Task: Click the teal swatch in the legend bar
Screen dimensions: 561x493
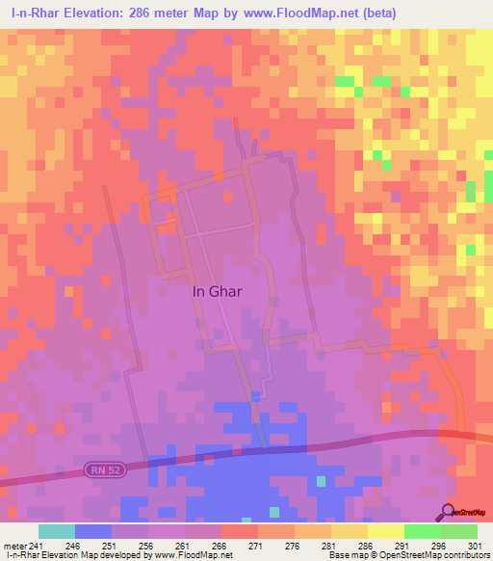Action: (x=56, y=531)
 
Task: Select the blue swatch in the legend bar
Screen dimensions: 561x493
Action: (x=92, y=531)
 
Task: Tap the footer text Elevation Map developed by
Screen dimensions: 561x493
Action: (x=107, y=555)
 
